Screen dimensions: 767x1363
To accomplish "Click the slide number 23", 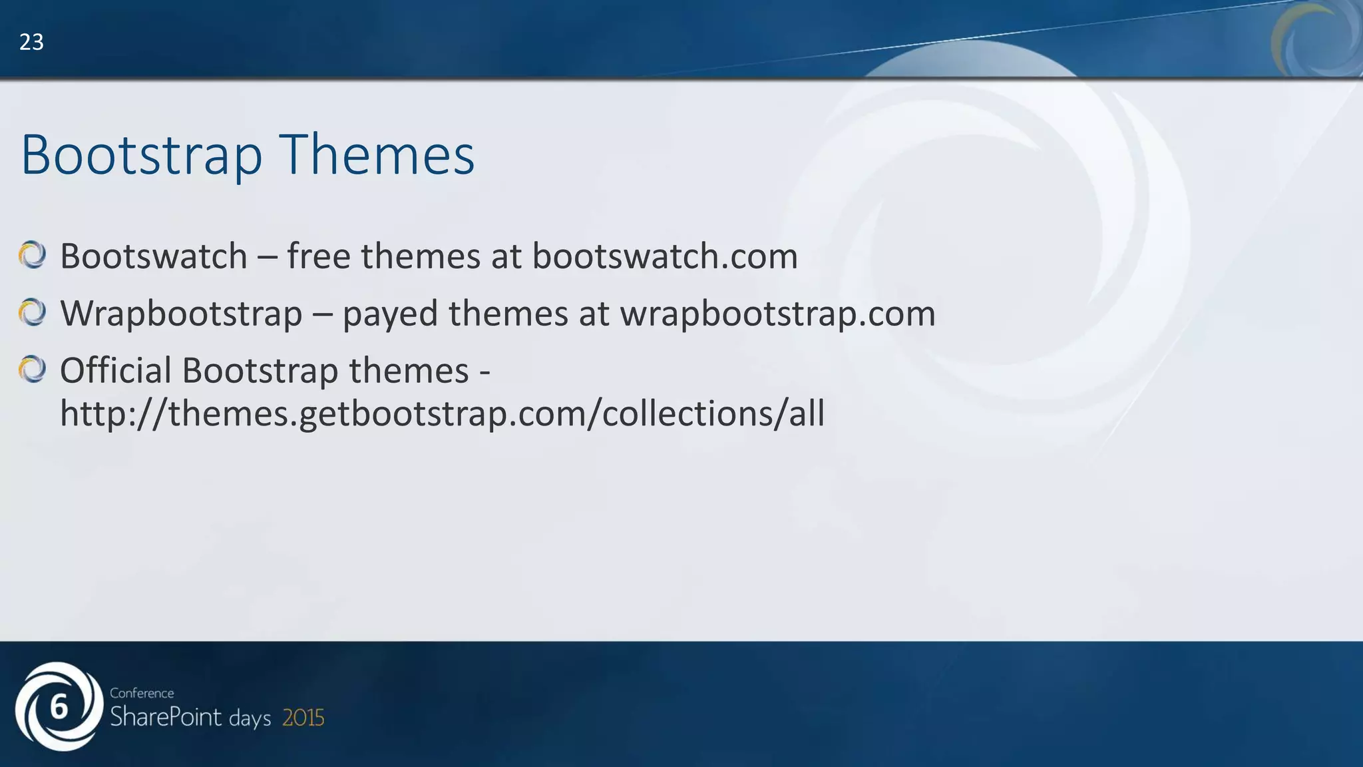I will (31, 43).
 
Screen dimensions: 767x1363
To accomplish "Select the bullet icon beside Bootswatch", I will (32, 256).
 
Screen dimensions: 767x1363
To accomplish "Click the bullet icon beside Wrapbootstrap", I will (32, 312).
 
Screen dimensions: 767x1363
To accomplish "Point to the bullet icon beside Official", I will (32, 370).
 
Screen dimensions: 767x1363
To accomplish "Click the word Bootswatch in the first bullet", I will (154, 256).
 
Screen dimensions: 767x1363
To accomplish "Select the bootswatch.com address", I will (664, 256).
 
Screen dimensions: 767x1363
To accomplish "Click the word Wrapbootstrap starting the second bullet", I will (181, 314).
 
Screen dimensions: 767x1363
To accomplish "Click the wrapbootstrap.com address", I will (777, 314).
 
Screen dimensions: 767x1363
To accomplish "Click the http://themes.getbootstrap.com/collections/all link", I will (442, 413).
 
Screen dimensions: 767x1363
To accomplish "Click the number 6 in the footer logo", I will (59, 707).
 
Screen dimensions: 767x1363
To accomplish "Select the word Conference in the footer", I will (142, 693).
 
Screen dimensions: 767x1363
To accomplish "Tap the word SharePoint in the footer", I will (166, 717).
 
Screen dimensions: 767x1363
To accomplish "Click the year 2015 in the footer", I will (303, 718).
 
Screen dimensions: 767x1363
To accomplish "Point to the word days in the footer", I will (250, 719).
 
